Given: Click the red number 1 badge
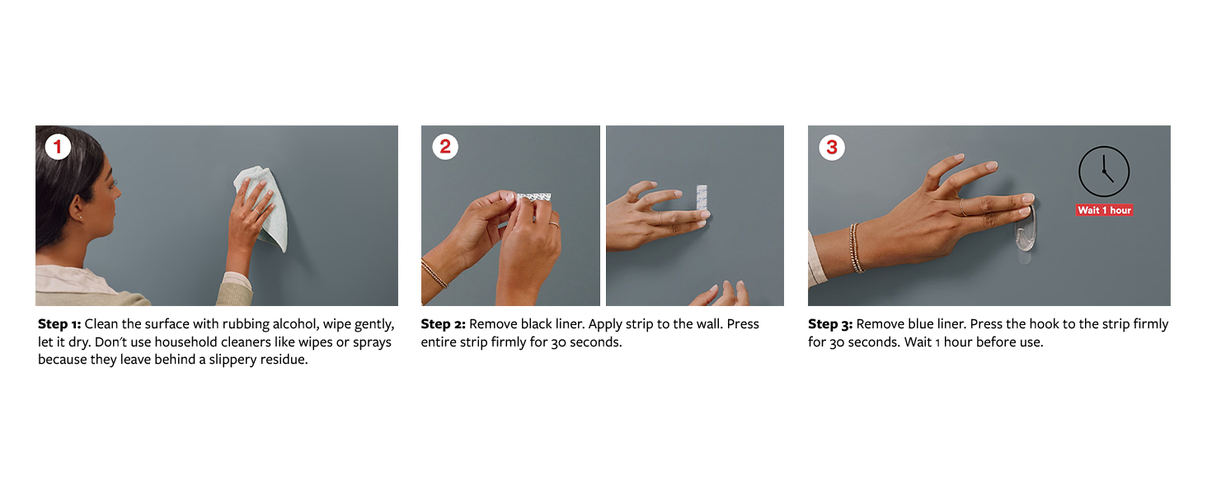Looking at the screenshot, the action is click(58, 146).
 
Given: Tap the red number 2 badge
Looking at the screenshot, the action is click(445, 147).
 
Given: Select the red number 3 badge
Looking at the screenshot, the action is click(832, 147).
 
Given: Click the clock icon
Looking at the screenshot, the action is click(1104, 172).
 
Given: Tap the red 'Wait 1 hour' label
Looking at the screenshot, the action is click(1104, 210).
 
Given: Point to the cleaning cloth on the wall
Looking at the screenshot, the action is click(262, 208).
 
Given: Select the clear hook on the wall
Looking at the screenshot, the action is click(1026, 233).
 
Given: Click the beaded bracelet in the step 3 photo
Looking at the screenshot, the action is click(855, 248).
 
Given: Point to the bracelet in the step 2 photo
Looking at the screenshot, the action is click(434, 273).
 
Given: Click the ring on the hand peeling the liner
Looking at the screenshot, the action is click(554, 224).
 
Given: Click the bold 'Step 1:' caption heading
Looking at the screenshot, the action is click(59, 324).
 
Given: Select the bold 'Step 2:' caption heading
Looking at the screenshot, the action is click(443, 324).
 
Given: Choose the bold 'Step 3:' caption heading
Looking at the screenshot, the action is click(829, 324).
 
